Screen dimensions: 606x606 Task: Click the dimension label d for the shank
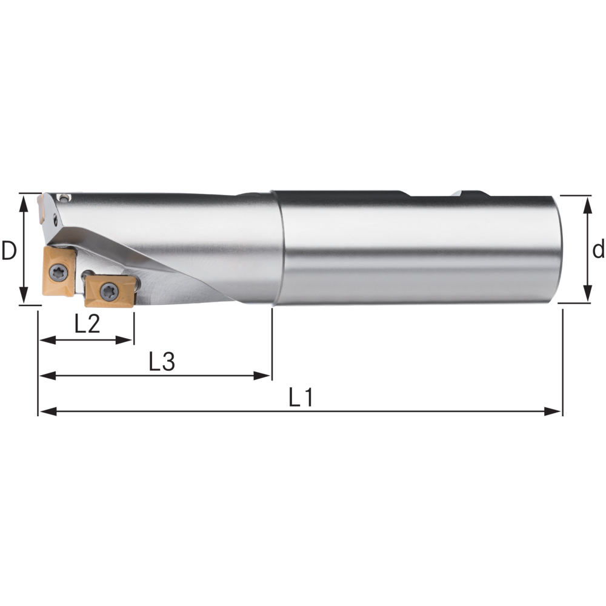coord(599,248)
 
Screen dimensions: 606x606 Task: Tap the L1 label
coord(301,398)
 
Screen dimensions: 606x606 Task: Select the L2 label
coord(87,324)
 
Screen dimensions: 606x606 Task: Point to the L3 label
coord(162,361)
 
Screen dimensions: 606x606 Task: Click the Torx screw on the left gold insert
coord(59,273)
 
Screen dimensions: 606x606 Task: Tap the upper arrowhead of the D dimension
coord(24,203)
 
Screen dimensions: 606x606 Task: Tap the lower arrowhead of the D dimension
coord(24,295)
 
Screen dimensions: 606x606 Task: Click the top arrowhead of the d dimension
coord(587,205)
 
